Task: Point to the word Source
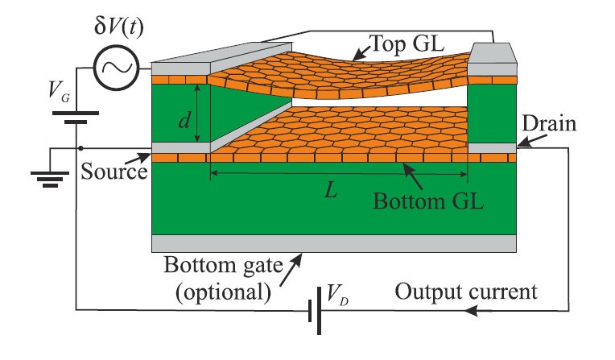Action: (x=113, y=172)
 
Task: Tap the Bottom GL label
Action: (x=429, y=200)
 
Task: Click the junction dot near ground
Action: (x=80, y=148)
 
